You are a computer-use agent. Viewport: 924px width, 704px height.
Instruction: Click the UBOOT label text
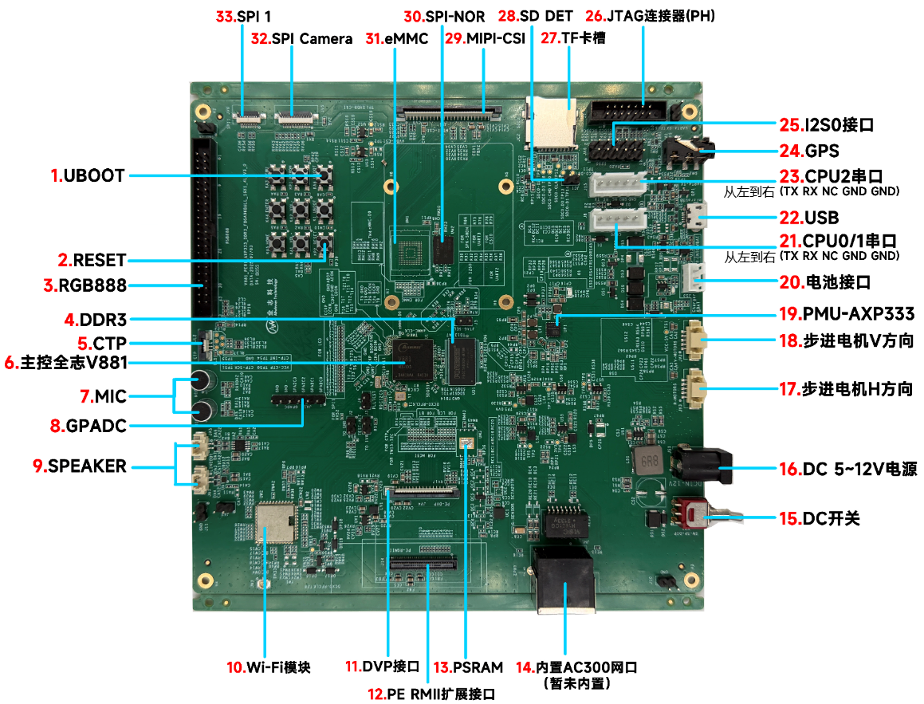tap(94, 176)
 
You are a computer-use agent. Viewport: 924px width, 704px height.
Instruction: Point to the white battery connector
tap(694, 279)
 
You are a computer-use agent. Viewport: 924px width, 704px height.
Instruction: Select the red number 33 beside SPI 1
tap(226, 15)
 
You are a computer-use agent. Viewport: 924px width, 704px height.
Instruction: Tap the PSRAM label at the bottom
tap(478, 667)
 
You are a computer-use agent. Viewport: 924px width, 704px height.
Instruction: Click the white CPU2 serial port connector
tap(617, 185)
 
